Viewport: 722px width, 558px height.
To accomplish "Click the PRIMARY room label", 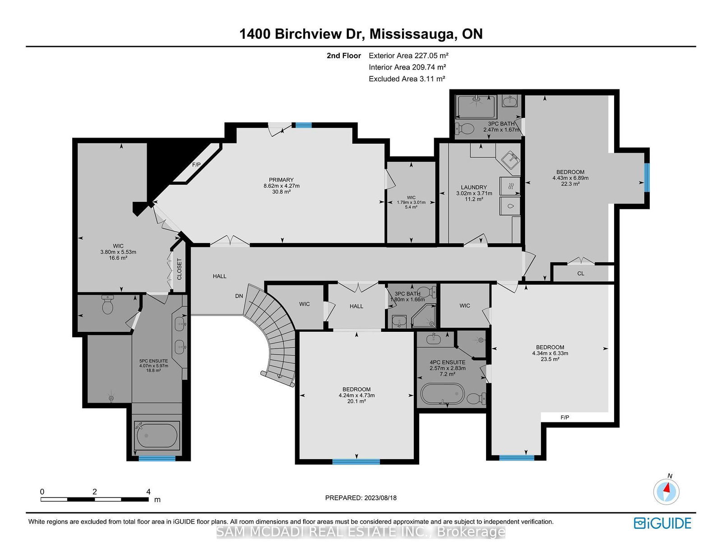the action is [x=281, y=180].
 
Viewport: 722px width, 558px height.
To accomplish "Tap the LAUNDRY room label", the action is [x=474, y=187].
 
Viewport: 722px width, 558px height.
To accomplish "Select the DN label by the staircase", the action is [x=239, y=296].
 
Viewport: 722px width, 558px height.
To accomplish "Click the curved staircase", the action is [x=273, y=336].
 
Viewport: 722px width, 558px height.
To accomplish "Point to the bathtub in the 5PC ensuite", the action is [x=157, y=435].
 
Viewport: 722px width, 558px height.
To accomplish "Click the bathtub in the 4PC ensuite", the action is [x=442, y=394].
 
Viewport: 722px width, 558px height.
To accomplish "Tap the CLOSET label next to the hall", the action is [x=180, y=269].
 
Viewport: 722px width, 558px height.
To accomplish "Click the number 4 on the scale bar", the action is [x=148, y=492].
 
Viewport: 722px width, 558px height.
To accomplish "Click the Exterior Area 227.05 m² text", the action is [x=409, y=56].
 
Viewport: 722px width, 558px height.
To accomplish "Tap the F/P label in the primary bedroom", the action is [x=196, y=164].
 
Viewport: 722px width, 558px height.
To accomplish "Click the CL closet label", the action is [x=581, y=274].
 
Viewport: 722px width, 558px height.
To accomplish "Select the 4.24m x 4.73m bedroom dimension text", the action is [x=356, y=395].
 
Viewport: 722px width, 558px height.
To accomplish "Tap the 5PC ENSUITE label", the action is [x=153, y=361].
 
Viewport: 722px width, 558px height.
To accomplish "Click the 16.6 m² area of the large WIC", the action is [x=118, y=258].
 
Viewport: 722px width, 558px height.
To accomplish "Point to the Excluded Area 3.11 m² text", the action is [x=407, y=79].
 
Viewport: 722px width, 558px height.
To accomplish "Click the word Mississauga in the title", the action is [x=412, y=34].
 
